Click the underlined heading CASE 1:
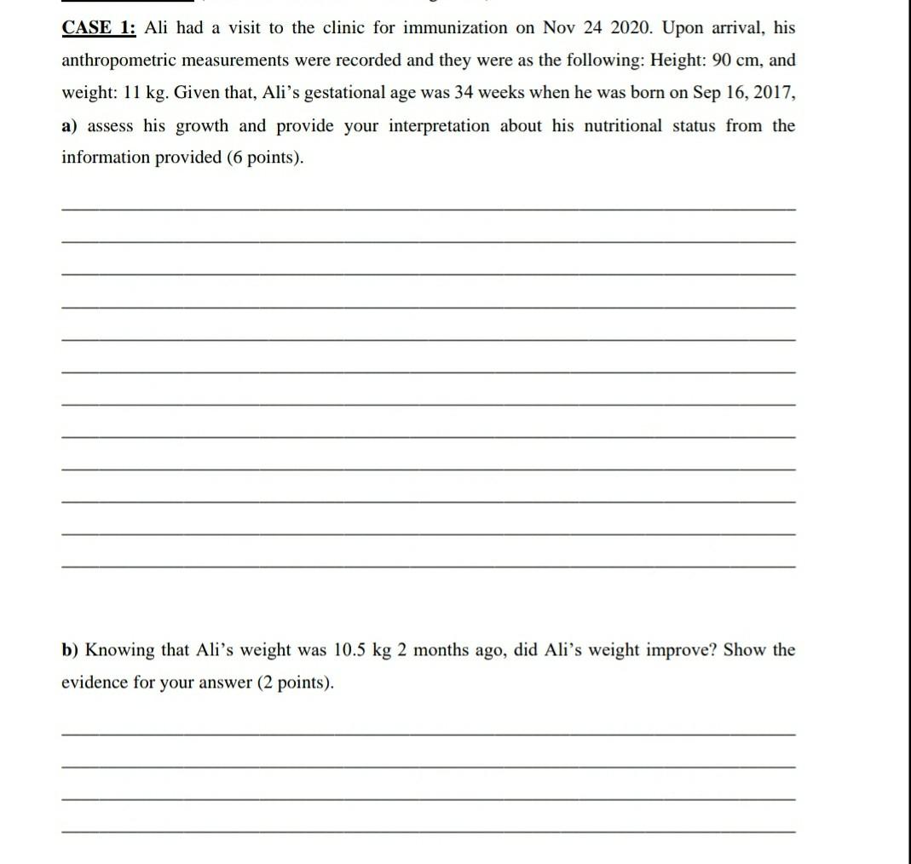point(99,28)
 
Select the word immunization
point(454,28)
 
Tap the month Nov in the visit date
point(558,28)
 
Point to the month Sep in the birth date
point(707,93)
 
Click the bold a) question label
point(70,126)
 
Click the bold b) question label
point(70,650)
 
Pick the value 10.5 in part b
point(349,650)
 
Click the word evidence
point(94,683)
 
